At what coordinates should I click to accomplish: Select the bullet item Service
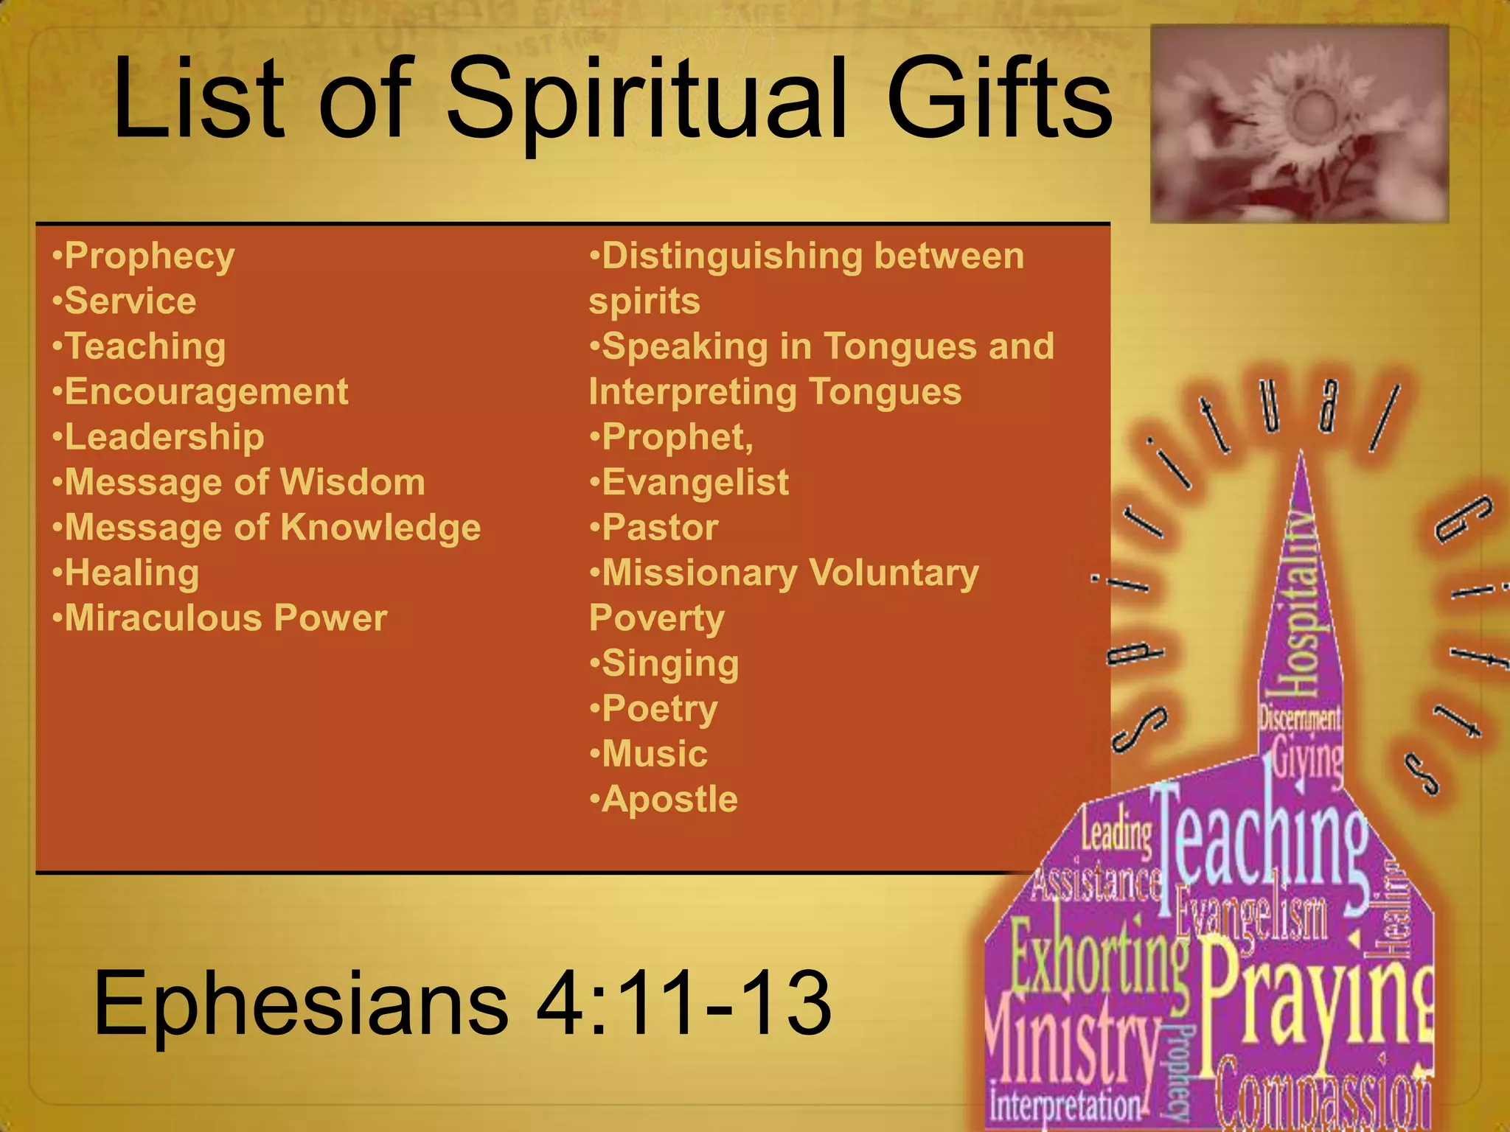130,301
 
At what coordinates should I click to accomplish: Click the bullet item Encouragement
206,391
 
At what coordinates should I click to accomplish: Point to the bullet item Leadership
164,437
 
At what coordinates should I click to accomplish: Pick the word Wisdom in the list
352,483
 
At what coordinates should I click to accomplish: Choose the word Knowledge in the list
380,528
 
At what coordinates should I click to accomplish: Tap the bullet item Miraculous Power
225,618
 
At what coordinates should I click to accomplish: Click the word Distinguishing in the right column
732,256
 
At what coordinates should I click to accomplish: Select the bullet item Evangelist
695,483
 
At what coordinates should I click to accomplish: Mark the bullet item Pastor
659,528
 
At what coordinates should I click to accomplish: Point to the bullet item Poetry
659,709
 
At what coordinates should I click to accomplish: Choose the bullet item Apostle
669,800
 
